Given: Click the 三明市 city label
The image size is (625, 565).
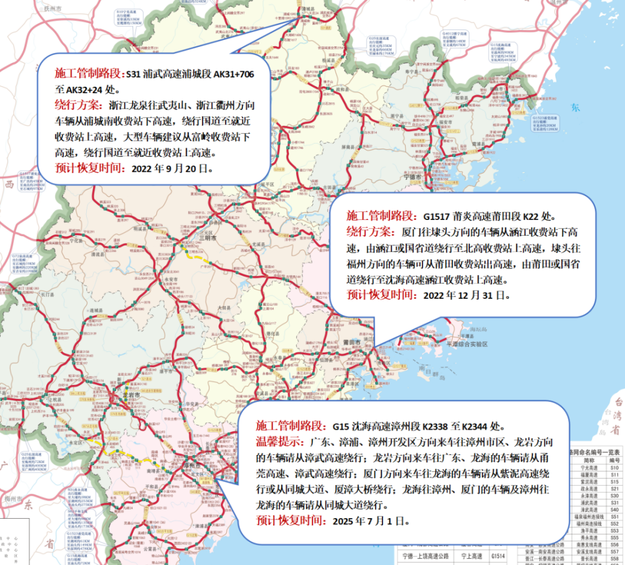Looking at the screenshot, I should click(207, 239).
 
